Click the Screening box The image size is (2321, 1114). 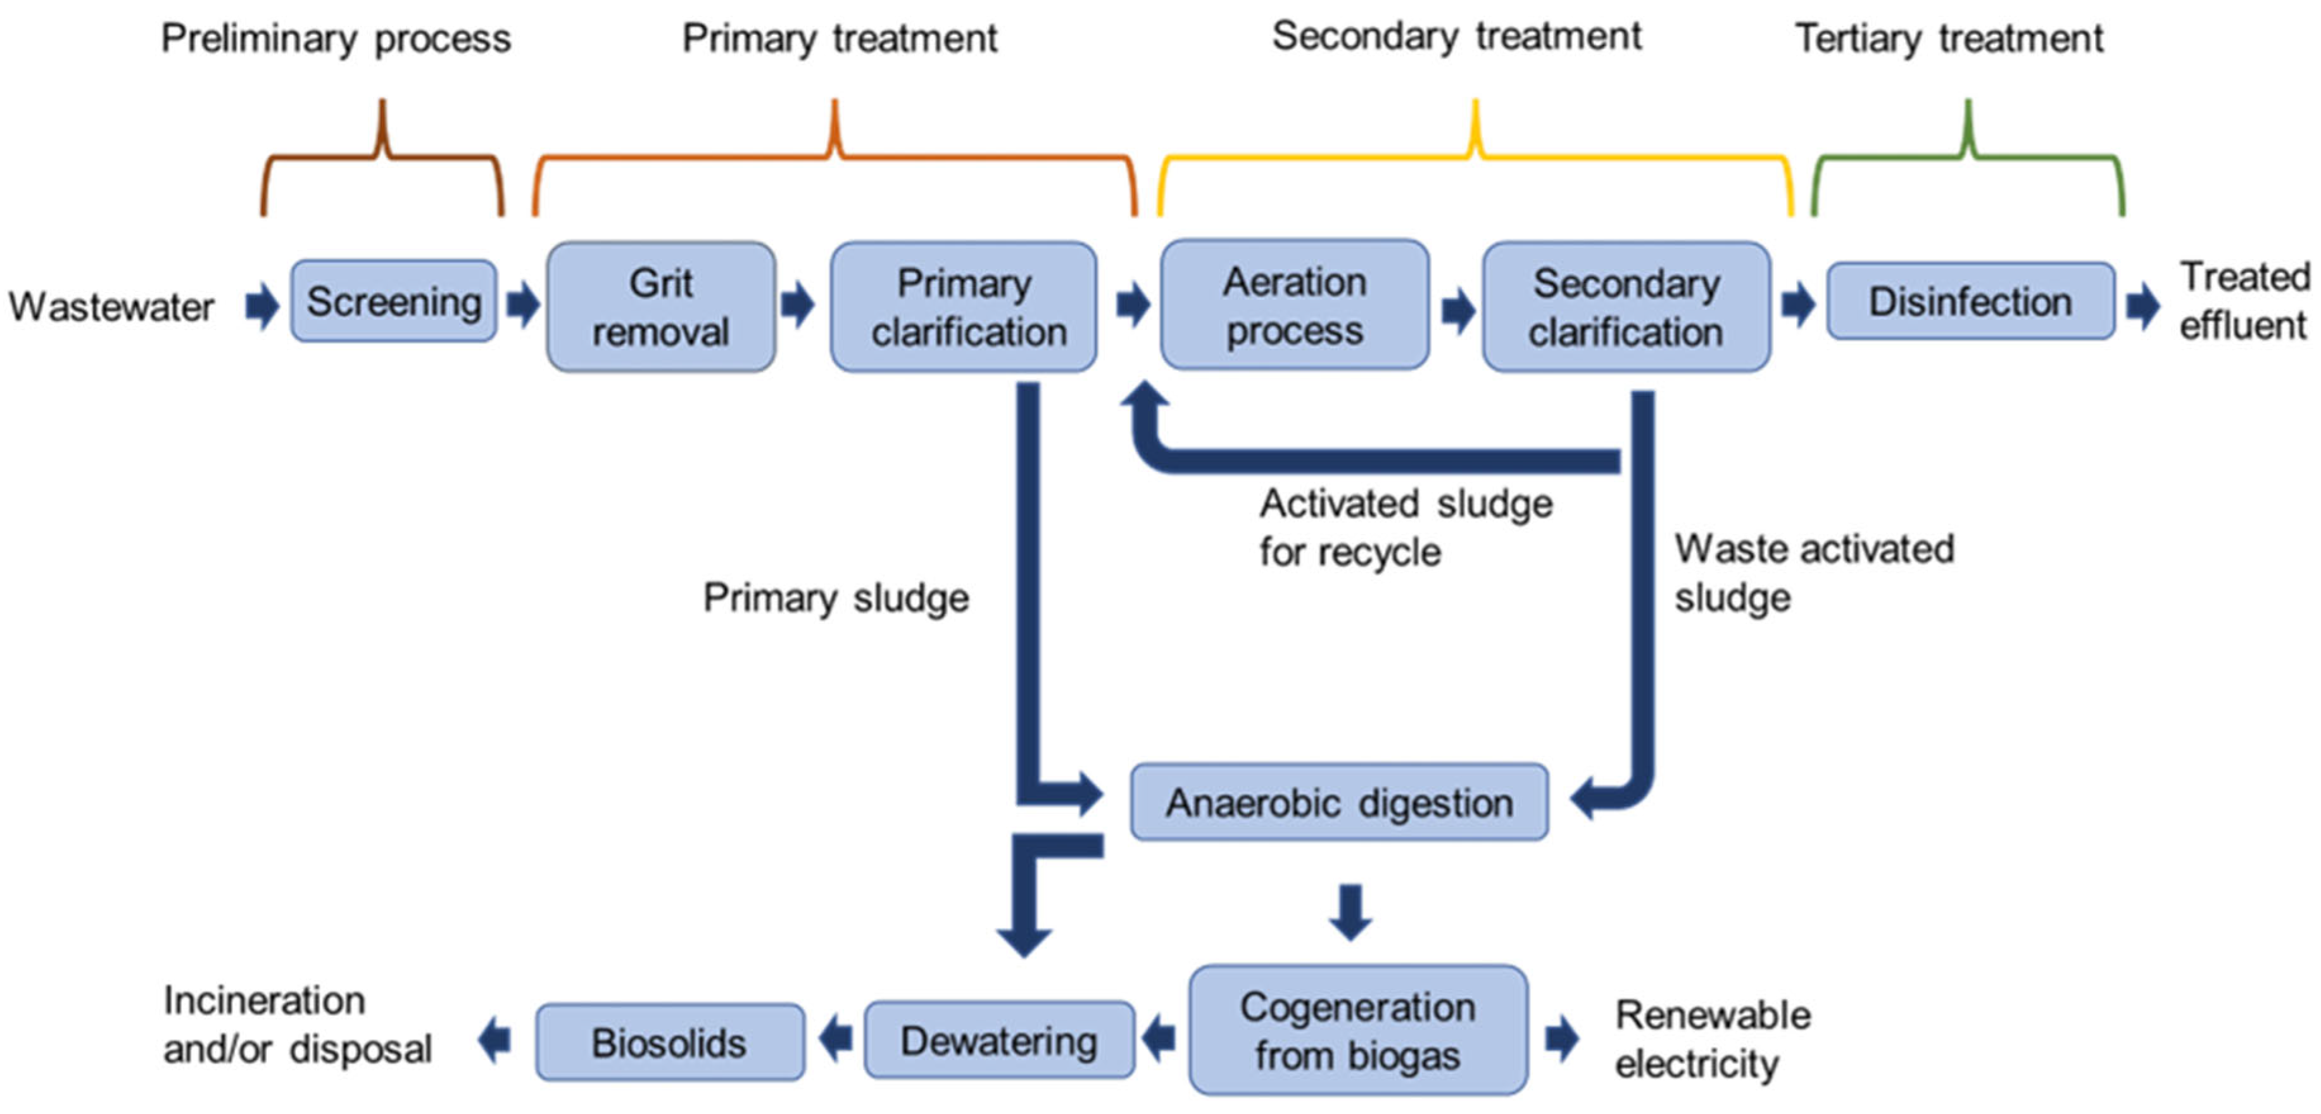tap(394, 301)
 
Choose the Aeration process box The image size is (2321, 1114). tap(1295, 305)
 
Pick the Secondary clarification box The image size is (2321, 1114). tap(1626, 307)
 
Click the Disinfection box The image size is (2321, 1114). tap(1970, 301)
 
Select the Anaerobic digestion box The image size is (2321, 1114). tap(1340, 802)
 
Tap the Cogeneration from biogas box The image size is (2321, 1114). tap(1358, 1030)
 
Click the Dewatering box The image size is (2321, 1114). tap(999, 1040)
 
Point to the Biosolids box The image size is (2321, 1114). tap(669, 1042)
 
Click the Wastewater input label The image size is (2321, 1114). tap(111, 307)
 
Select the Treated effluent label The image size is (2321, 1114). tap(2244, 301)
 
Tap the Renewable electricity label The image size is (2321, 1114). tap(1712, 1038)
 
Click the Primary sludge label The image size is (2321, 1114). tap(835, 598)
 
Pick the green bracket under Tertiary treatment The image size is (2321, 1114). tap(1969, 158)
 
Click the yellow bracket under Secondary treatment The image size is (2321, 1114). tap(1475, 158)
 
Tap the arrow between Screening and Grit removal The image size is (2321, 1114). tap(522, 304)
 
